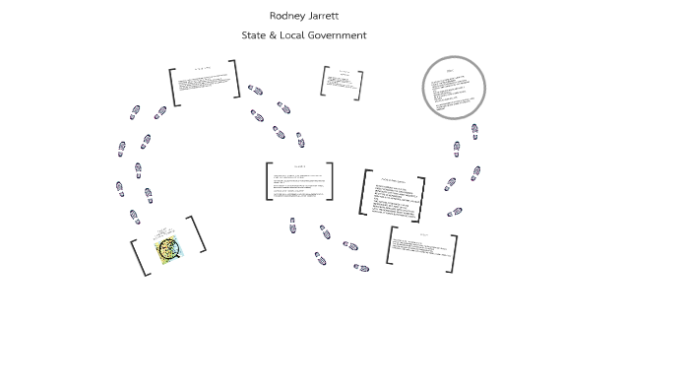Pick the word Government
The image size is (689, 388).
coord(338,35)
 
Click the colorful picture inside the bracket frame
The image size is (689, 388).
coord(168,249)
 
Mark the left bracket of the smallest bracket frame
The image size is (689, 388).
coord(324,81)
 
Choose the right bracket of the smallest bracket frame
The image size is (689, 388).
coord(359,86)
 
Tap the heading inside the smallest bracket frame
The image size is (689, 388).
coord(344,72)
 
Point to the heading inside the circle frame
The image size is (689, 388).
coord(451,71)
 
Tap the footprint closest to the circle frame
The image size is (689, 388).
coord(474,130)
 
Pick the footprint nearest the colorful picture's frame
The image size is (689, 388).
coord(135,217)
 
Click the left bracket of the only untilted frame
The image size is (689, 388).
coord(269,181)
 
